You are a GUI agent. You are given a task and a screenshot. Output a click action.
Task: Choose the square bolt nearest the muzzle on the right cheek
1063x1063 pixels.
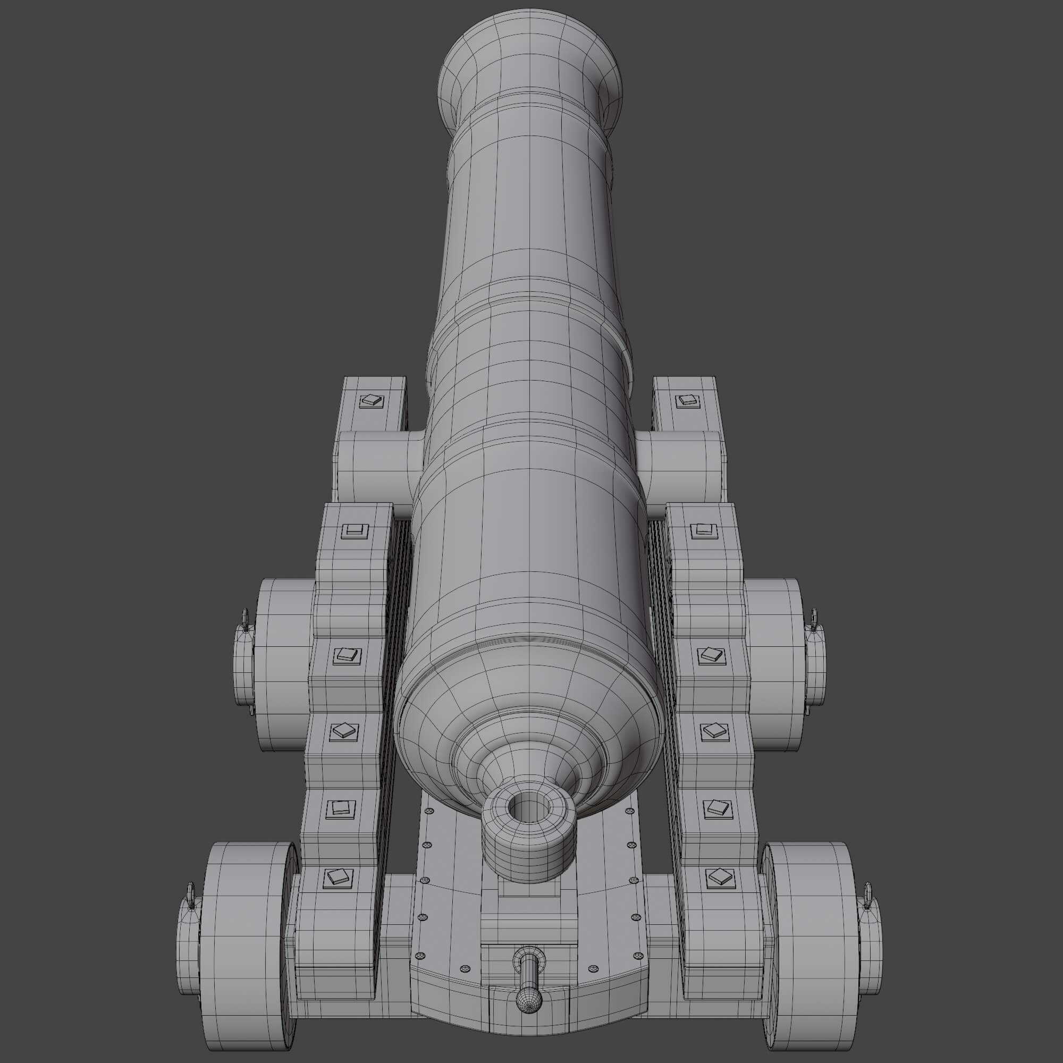pos(686,400)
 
